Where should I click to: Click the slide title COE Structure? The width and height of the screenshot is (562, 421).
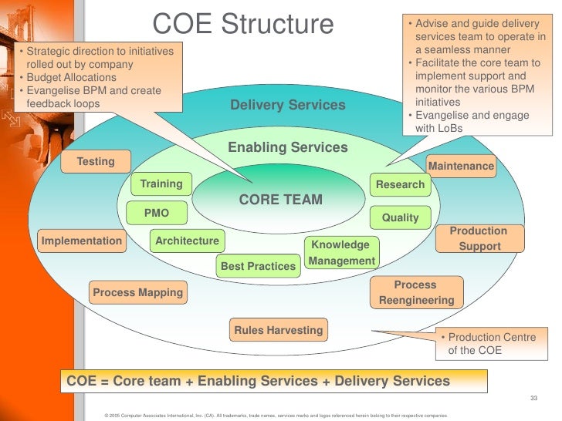tap(243, 24)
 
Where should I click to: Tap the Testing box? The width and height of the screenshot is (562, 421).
tap(96, 162)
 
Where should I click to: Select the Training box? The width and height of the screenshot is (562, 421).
tap(161, 184)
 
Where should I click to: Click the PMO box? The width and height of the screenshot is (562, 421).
tap(157, 213)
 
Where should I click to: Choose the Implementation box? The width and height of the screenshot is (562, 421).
tap(82, 241)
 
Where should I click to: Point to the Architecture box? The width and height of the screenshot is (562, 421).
tap(188, 241)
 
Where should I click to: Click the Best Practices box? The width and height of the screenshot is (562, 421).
tap(259, 267)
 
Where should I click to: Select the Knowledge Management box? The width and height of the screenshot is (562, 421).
tap(341, 253)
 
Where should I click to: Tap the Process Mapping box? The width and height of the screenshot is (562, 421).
tap(138, 293)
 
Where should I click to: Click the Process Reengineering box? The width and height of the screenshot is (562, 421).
tap(416, 293)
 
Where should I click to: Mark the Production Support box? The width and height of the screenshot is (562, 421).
tap(479, 239)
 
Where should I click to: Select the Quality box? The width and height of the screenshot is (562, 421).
tap(400, 218)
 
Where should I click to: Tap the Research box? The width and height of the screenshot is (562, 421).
tap(400, 185)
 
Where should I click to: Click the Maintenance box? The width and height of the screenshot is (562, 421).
tap(461, 167)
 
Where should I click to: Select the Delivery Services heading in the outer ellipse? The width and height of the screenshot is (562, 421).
tap(288, 105)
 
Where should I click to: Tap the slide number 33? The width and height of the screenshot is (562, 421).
tap(533, 398)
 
